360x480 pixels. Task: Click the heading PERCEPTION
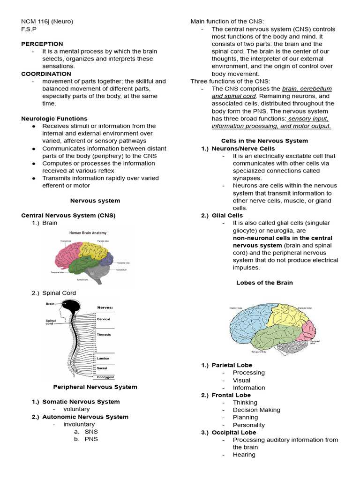(x=42, y=44)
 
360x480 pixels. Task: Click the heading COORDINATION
(x=46, y=74)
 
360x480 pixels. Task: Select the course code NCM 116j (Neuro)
(x=47, y=21)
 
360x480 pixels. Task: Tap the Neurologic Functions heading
(x=54, y=119)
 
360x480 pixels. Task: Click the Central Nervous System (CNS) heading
(x=68, y=215)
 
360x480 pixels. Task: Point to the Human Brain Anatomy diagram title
(x=88, y=232)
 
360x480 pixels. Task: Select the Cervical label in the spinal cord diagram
(x=103, y=319)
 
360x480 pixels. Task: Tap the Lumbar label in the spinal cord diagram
(x=103, y=358)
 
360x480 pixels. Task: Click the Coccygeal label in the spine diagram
(x=105, y=377)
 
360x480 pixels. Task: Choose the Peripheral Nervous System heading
(x=95, y=387)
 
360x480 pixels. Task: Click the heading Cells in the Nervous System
(x=264, y=141)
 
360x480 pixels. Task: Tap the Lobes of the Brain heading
(x=264, y=283)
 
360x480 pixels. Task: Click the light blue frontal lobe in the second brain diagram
(x=248, y=323)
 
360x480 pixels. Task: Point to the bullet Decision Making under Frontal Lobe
(x=256, y=410)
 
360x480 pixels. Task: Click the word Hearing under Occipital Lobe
(x=244, y=455)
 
